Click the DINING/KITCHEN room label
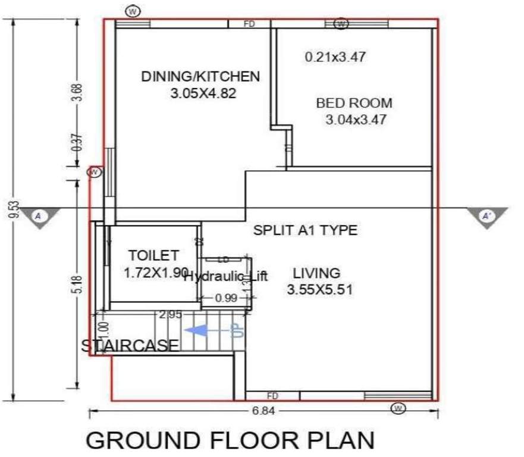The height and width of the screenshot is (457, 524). (200, 77)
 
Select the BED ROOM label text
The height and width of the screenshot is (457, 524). (354, 103)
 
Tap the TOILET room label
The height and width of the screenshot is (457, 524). (153, 256)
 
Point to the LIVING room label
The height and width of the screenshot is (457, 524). (316, 274)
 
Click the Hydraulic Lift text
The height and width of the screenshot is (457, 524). (225, 276)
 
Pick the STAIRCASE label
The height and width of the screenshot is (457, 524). (130, 345)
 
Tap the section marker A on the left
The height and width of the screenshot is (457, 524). (39, 216)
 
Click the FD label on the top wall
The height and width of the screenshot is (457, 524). (250, 24)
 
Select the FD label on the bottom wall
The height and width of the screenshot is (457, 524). (272, 396)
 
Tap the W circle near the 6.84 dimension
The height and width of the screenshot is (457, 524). (399, 408)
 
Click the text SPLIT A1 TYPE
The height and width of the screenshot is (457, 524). (306, 230)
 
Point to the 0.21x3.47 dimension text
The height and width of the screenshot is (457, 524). (335, 58)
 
